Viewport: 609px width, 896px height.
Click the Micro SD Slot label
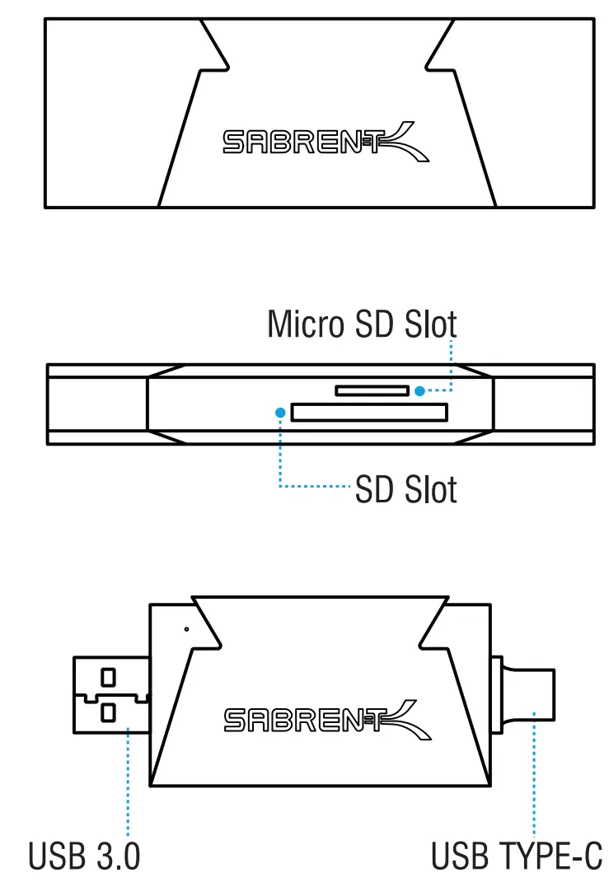pyautogui.click(x=362, y=324)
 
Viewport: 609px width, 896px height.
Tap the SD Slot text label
pyautogui.click(x=405, y=491)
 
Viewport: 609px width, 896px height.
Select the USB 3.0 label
pyautogui.click(x=84, y=856)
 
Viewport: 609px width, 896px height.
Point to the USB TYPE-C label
pyautogui.click(x=518, y=856)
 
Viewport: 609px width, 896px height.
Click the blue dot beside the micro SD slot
pyautogui.click(x=420, y=390)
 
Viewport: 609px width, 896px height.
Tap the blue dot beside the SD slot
pyautogui.click(x=281, y=409)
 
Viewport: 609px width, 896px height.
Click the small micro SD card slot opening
pyautogui.click(x=372, y=390)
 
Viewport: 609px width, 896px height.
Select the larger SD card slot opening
pyautogui.click(x=368, y=412)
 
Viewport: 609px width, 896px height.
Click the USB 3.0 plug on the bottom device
pyautogui.click(x=111, y=693)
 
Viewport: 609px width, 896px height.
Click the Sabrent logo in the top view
pyautogui.click(x=326, y=142)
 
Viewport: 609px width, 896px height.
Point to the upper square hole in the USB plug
pyautogui.click(x=108, y=677)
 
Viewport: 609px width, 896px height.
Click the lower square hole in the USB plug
pyautogui.click(x=108, y=710)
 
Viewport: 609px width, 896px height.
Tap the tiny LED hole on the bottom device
pyautogui.click(x=187, y=630)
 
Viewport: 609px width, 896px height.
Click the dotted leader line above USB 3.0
pyautogui.click(x=129, y=782)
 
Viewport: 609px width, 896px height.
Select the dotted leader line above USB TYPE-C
pyautogui.click(x=534, y=774)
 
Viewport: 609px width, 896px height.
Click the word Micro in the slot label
pyautogui.click(x=306, y=324)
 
